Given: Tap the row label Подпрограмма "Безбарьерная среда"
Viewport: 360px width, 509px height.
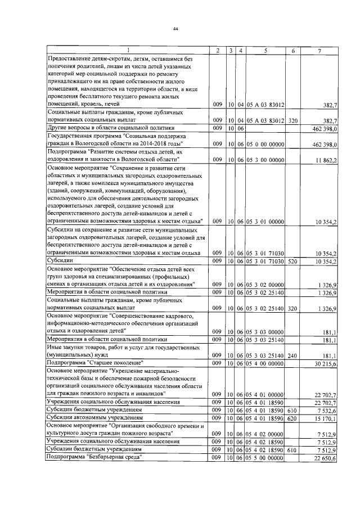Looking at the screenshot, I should point(94,458).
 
